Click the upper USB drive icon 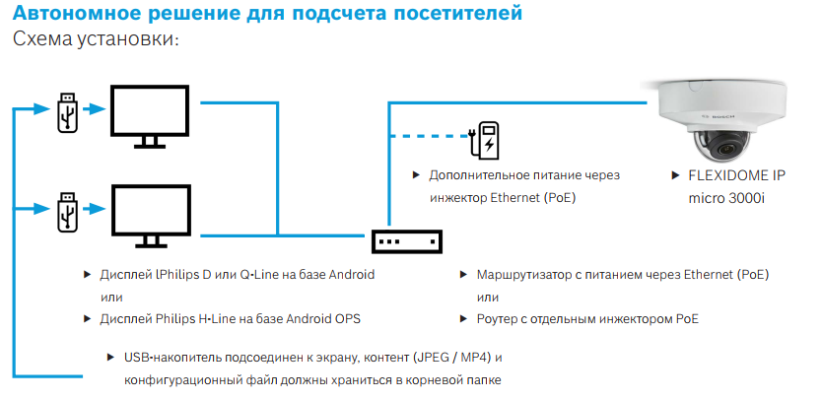[x=68, y=112]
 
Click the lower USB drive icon [x=68, y=213]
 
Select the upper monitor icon [x=150, y=116]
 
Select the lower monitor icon [x=151, y=217]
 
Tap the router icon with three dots [x=407, y=242]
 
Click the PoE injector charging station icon [x=486, y=140]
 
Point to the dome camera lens [x=727, y=149]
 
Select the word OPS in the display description [x=349, y=319]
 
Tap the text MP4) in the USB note [x=475, y=358]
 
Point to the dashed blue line [x=429, y=136]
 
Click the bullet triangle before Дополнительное [x=416, y=174]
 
